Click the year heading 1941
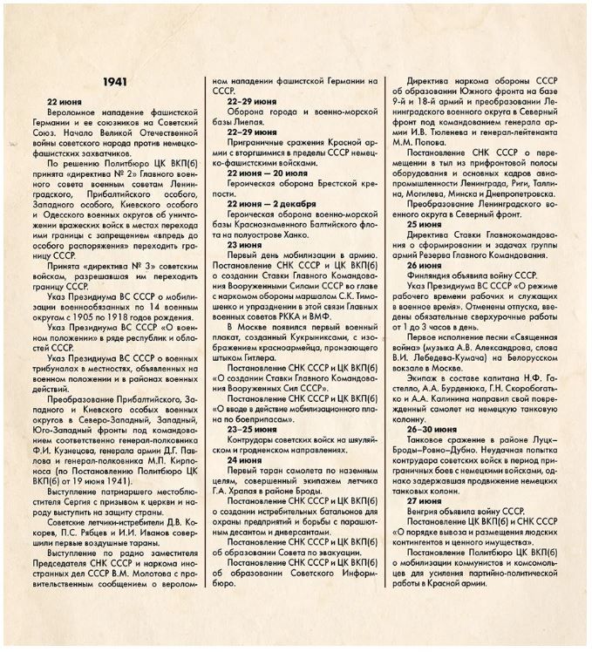click(116, 81)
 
